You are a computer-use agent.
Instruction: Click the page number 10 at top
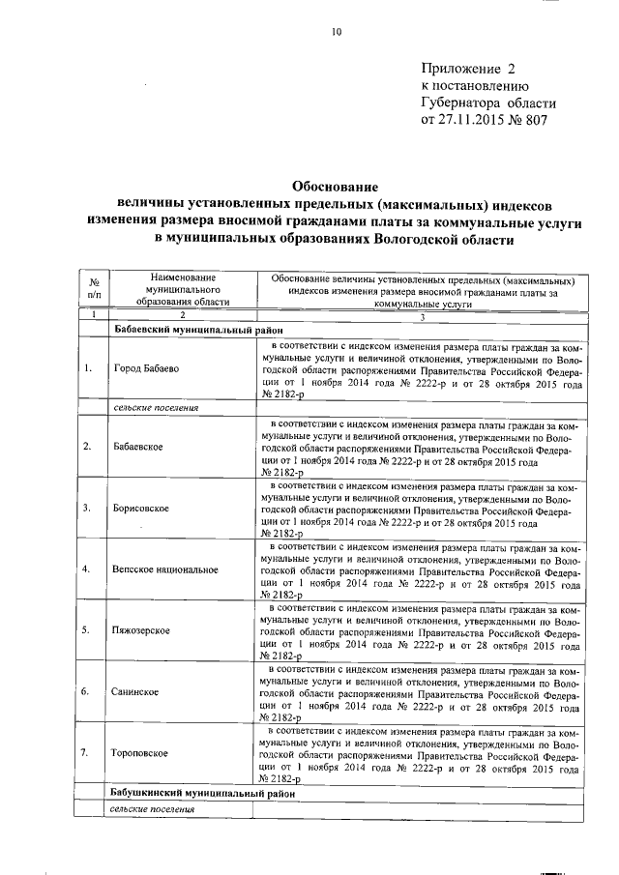(x=337, y=32)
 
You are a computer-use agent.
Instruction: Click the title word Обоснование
(x=334, y=187)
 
